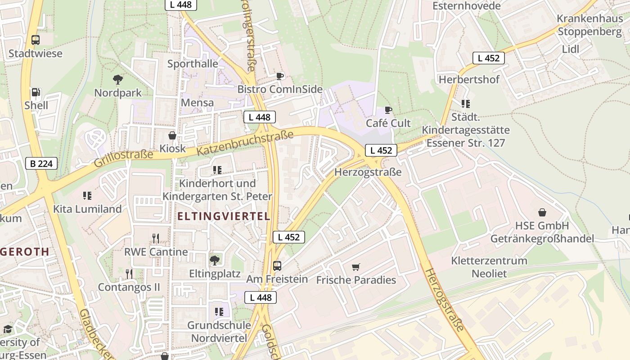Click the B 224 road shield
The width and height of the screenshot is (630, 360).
pyautogui.click(x=41, y=163)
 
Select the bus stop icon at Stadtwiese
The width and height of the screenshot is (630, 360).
pyautogui.click(x=36, y=40)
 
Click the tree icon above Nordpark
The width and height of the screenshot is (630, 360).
pyautogui.click(x=118, y=80)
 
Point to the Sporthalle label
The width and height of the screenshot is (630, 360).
pyautogui.click(x=193, y=64)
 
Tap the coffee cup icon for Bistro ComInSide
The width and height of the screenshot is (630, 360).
pyautogui.click(x=280, y=76)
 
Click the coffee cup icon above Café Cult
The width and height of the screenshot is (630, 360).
pyautogui.click(x=388, y=110)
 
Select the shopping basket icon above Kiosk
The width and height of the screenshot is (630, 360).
pyautogui.click(x=172, y=135)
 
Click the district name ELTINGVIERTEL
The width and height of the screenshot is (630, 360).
pyautogui.click(x=224, y=216)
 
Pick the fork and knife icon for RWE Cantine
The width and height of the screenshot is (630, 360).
pyautogui.click(x=156, y=238)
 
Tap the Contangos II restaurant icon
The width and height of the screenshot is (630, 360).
pyautogui.click(x=129, y=274)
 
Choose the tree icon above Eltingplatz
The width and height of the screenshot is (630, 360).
pyautogui.click(x=215, y=260)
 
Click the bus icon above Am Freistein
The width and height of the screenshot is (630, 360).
pyautogui.click(x=277, y=265)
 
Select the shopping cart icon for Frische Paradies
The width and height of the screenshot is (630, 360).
pyautogui.click(x=356, y=267)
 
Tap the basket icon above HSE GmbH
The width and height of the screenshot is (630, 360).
pyautogui.click(x=542, y=212)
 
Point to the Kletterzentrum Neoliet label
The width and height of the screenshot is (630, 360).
pyautogui.click(x=489, y=267)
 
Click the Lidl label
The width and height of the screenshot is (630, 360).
pyautogui.click(x=571, y=49)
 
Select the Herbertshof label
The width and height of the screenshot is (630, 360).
pyautogui.click(x=469, y=80)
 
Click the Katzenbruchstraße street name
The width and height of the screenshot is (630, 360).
pyautogui.click(x=245, y=143)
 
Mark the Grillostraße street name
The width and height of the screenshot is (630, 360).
pyautogui.click(x=123, y=159)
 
